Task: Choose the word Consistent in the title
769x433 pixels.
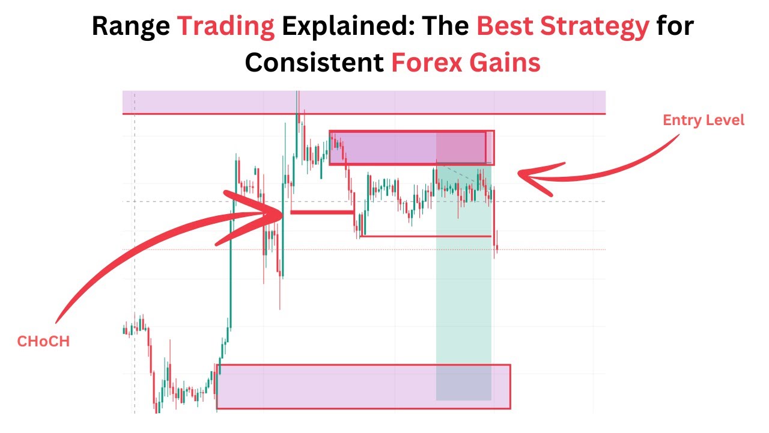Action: pyautogui.click(x=314, y=62)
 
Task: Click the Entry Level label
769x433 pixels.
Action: pyautogui.click(x=704, y=120)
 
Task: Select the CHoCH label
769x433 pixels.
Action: pyautogui.click(x=43, y=342)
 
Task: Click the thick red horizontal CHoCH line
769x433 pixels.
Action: pyautogui.click(x=321, y=212)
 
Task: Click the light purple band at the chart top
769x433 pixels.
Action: pyautogui.click(x=363, y=102)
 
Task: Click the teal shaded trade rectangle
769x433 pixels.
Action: pyautogui.click(x=463, y=283)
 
